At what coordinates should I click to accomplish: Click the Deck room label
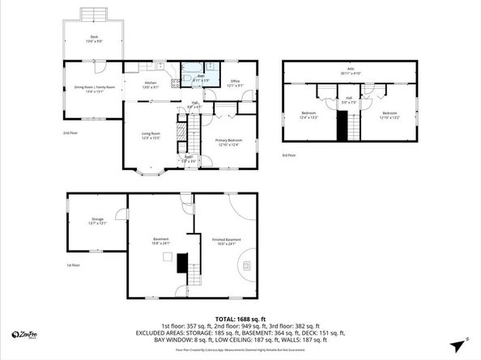94,37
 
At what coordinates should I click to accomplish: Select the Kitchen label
151,83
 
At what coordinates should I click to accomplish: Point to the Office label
234,83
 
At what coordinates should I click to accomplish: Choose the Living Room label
151,135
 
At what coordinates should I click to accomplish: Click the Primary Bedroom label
228,142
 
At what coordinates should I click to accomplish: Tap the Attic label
351,70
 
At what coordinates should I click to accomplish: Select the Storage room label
97,221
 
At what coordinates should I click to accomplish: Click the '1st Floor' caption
74,265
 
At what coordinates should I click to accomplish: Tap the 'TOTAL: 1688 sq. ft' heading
240,320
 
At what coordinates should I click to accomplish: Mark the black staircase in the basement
182,262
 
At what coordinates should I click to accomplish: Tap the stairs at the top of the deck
94,14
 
